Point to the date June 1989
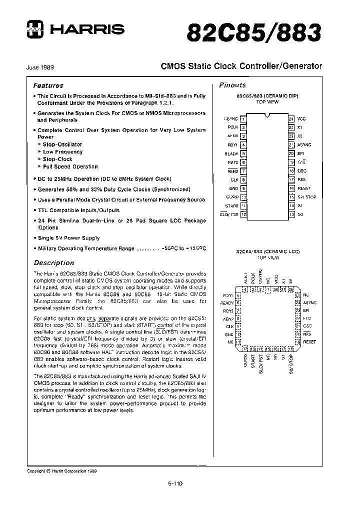pos(40,67)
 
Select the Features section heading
pos(48,85)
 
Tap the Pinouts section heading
pos(232,85)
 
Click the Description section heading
pos(53,262)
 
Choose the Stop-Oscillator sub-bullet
pos(62,144)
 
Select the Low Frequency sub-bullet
pos(62,151)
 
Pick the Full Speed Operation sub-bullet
pos(70,166)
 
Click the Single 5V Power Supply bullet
pos(68,238)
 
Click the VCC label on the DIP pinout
pos(301,119)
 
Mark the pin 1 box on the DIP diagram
pos(243,119)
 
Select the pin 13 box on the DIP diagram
pos(291,214)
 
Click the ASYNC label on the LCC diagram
pos(310,302)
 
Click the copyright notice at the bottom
pos(61,471)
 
